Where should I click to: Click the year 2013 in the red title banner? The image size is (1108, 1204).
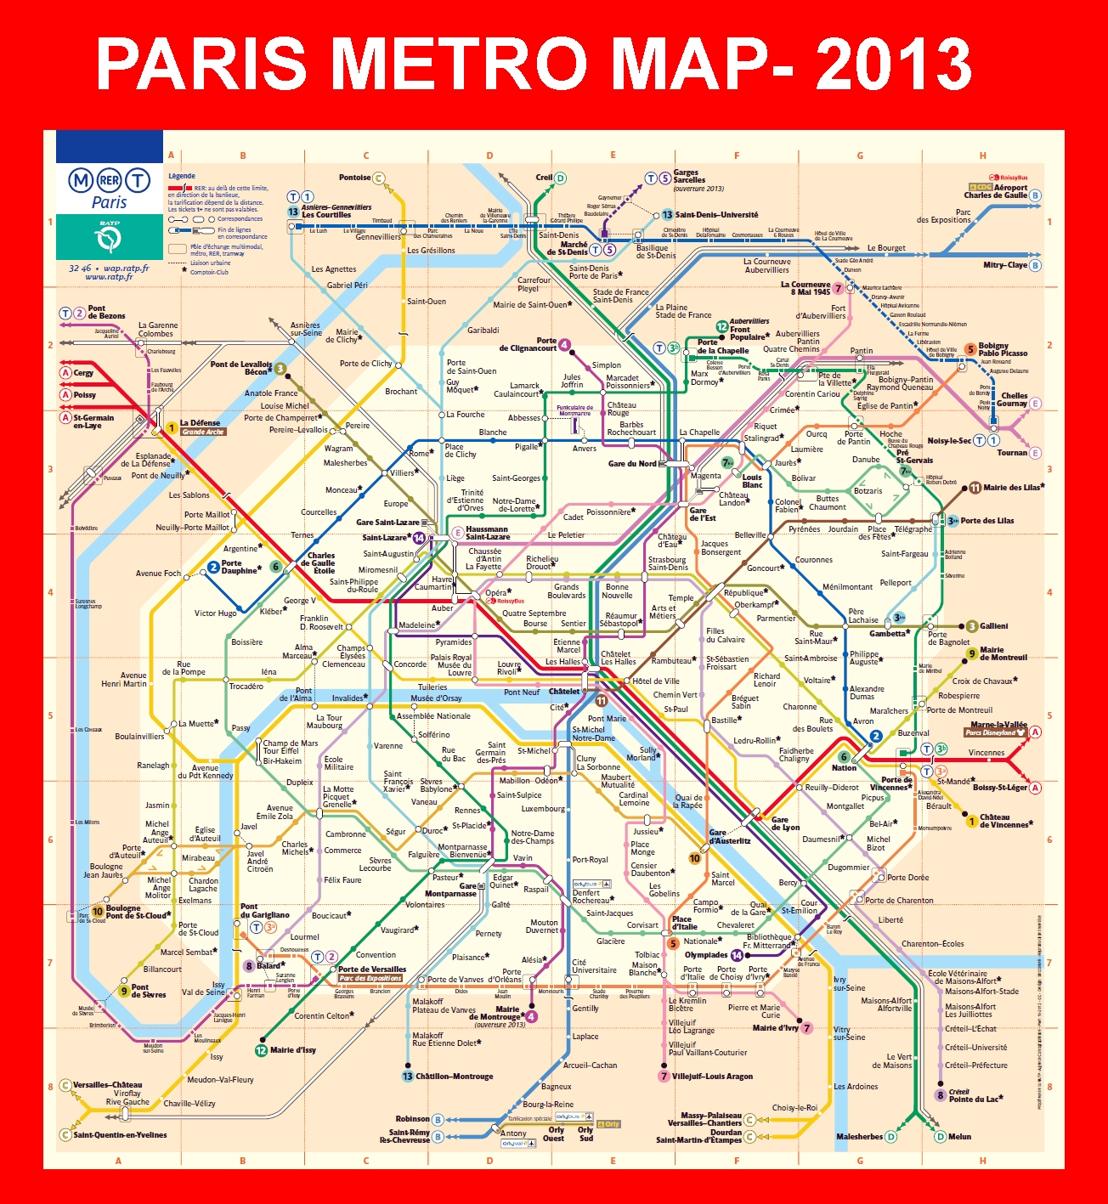pyautogui.click(x=893, y=65)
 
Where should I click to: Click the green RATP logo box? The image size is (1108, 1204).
pyautogui.click(x=109, y=237)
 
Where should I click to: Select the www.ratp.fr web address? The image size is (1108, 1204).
pyautogui.click(x=109, y=277)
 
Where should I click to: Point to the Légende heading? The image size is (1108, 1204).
pyautogui.click(x=182, y=176)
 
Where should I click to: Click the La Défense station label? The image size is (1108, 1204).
pyautogui.click(x=200, y=422)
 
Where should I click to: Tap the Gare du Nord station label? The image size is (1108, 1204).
pyautogui.click(x=632, y=464)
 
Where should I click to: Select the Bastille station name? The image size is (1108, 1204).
pyautogui.click(x=724, y=720)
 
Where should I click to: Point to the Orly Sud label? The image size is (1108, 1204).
pyautogui.click(x=585, y=1134)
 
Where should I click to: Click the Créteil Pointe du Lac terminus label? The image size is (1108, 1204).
pyautogui.click(x=974, y=1095)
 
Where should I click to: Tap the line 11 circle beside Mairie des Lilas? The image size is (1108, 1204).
pyautogui.click(x=975, y=488)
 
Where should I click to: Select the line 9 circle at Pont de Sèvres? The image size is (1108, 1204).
pyautogui.click(x=123, y=991)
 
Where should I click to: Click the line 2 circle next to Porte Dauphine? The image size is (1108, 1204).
pyautogui.click(x=213, y=567)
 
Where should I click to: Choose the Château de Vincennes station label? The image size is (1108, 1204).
pyautogui.click(x=1006, y=820)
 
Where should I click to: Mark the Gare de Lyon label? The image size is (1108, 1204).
pyautogui.click(x=785, y=823)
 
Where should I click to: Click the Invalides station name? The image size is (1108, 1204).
pyautogui.click(x=347, y=698)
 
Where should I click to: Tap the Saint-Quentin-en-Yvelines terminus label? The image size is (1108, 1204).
pyautogui.click(x=120, y=1134)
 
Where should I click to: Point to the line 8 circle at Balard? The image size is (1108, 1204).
pyautogui.click(x=249, y=965)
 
